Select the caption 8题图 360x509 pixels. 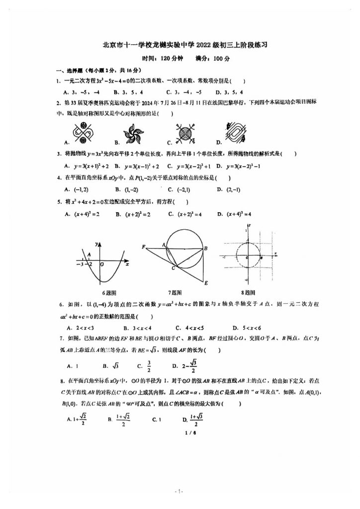click(x=248, y=293)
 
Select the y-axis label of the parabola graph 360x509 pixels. click(x=98, y=244)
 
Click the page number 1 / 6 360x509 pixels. click(x=180, y=433)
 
